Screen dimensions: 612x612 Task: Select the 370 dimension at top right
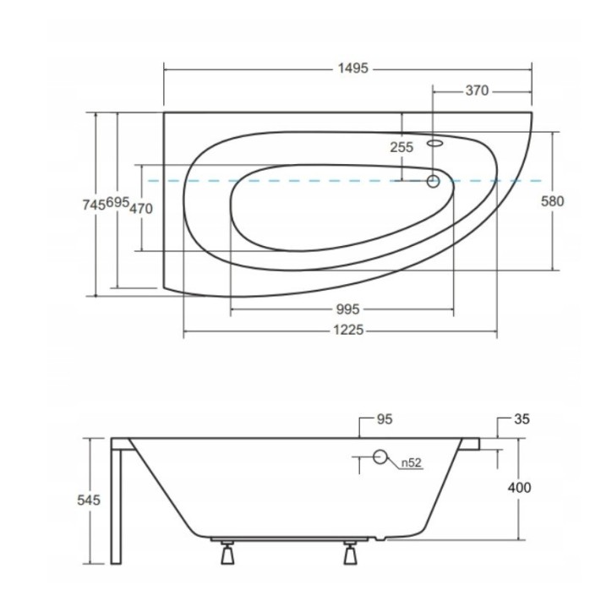click(x=477, y=91)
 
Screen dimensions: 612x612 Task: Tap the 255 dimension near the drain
click(x=402, y=147)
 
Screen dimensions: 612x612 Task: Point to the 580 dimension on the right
click(x=552, y=201)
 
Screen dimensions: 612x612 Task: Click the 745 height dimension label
click(x=95, y=204)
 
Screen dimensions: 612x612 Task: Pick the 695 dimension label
click(x=118, y=204)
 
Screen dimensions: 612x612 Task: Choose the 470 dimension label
click(x=142, y=208)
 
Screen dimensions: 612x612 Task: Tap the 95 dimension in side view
click(x=385, y=418)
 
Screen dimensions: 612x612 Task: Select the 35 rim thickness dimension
click(x=521, y=418)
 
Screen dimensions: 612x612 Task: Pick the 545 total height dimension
click(x=89, y=500)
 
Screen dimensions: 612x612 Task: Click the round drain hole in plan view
click(x=434, y=180)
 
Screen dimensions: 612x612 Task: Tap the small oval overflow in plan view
click(x=435, y=144)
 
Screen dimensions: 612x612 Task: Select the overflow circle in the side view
click(x=380, y=458)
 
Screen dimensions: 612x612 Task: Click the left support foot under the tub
click(x=227, y=554)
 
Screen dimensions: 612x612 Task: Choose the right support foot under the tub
click(x=350, y=554)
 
